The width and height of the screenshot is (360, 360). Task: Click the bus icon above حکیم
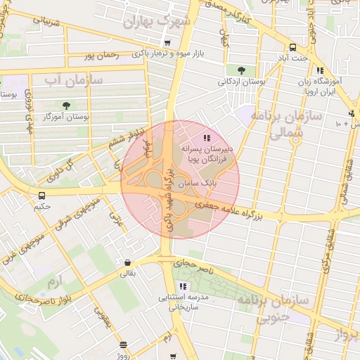coord(42,195)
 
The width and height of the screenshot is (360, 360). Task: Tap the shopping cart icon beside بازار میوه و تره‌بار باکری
coord(166,44)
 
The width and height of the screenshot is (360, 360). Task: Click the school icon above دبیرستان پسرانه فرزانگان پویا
coord(206,138)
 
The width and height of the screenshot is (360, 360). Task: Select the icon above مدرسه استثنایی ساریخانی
coord(184,286)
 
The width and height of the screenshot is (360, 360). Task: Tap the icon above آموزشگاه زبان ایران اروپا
coord(320,70)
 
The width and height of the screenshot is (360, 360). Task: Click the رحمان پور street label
coord(97,55)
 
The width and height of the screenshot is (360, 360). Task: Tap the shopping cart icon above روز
coord(124,345)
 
